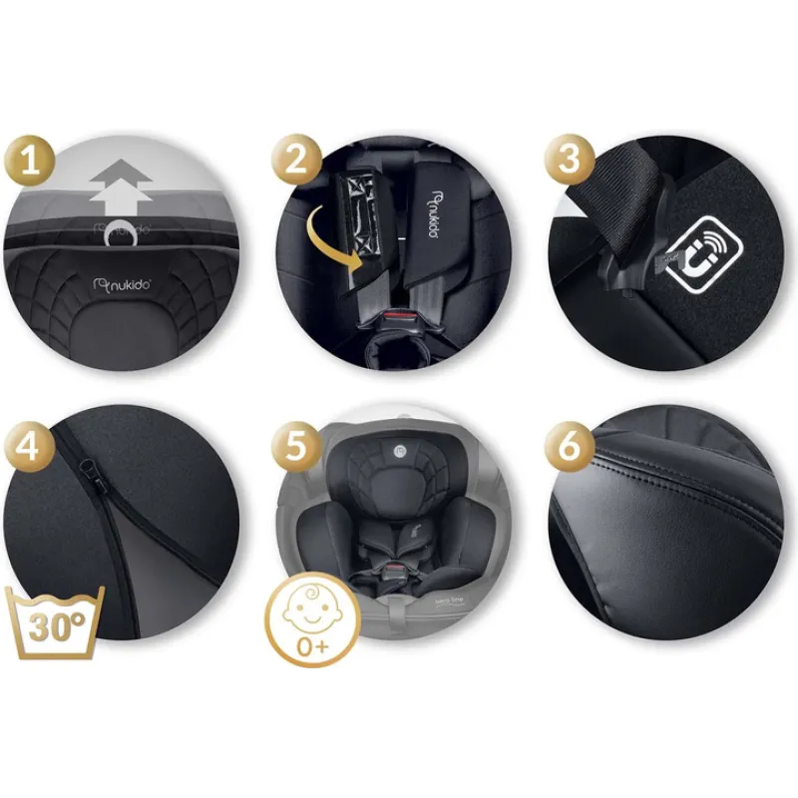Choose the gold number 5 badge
coord(295,446)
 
